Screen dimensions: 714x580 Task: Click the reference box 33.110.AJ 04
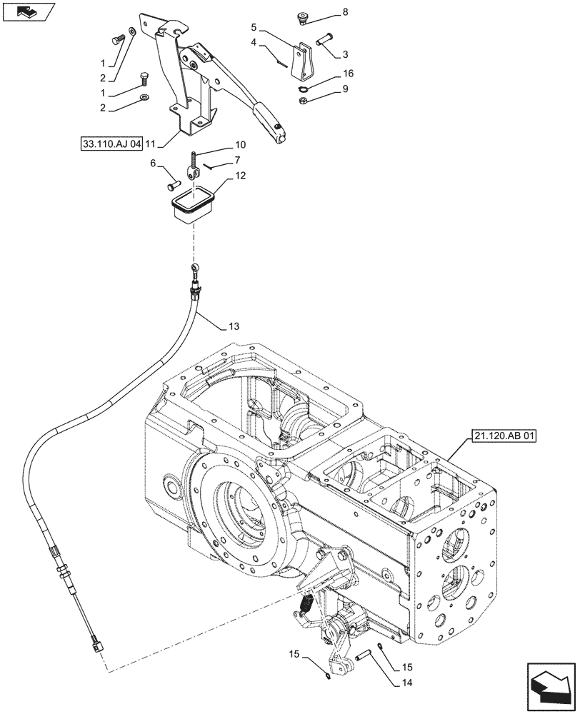(111, 143)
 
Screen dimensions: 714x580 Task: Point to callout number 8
(345, 12)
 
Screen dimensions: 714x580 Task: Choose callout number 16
(348, 73)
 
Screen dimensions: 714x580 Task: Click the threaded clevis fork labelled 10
(192, 168)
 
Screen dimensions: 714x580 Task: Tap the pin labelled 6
(173, 186)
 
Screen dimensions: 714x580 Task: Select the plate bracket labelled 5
(305, 62)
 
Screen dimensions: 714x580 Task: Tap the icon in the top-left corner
(28, 11)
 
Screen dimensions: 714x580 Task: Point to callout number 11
(151, 143)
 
